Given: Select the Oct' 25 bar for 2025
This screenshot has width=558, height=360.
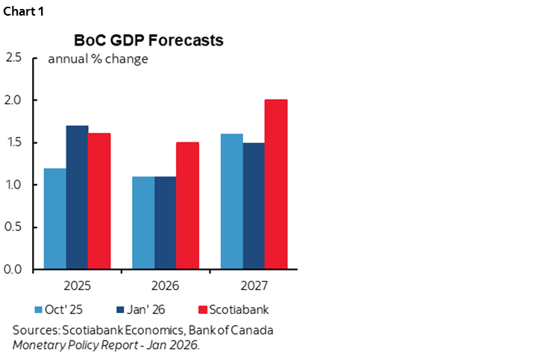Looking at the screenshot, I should click(55, 218).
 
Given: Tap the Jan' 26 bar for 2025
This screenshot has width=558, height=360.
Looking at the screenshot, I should click(78, 198).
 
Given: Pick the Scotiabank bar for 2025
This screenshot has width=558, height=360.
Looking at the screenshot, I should click(99, 201).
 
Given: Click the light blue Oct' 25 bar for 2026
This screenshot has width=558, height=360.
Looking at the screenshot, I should click(143, 223).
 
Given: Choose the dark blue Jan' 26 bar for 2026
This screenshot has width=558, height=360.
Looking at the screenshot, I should click(166, 223).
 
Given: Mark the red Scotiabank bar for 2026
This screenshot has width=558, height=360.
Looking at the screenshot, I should click(187, 206).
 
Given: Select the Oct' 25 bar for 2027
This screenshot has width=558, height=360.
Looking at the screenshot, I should click(231, 201).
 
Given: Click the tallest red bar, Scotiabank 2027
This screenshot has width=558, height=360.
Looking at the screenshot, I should click(275, 184).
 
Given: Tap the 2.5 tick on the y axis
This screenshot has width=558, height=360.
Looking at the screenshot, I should click(13, 57).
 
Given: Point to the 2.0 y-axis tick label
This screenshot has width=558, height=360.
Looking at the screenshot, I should click(13, 100).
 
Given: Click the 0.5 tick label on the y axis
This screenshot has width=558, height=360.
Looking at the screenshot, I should click(13, 227).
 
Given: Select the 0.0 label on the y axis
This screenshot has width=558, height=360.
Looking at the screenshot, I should click(13, 270).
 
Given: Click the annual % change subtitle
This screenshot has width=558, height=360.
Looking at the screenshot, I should click(98, 60).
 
